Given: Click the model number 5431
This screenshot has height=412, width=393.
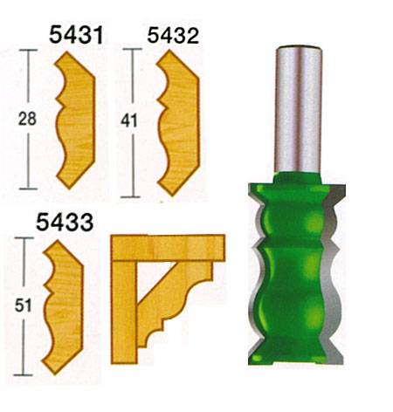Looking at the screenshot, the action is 76,35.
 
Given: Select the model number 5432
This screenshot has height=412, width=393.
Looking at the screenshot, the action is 173,36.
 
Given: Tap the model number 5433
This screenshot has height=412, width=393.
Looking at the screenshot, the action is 65,222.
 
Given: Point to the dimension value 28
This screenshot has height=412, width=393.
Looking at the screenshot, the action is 27,119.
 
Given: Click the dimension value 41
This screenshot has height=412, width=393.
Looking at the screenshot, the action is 129,121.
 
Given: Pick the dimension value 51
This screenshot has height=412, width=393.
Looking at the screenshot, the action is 24,306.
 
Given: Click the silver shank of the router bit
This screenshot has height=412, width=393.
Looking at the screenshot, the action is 299,109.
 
